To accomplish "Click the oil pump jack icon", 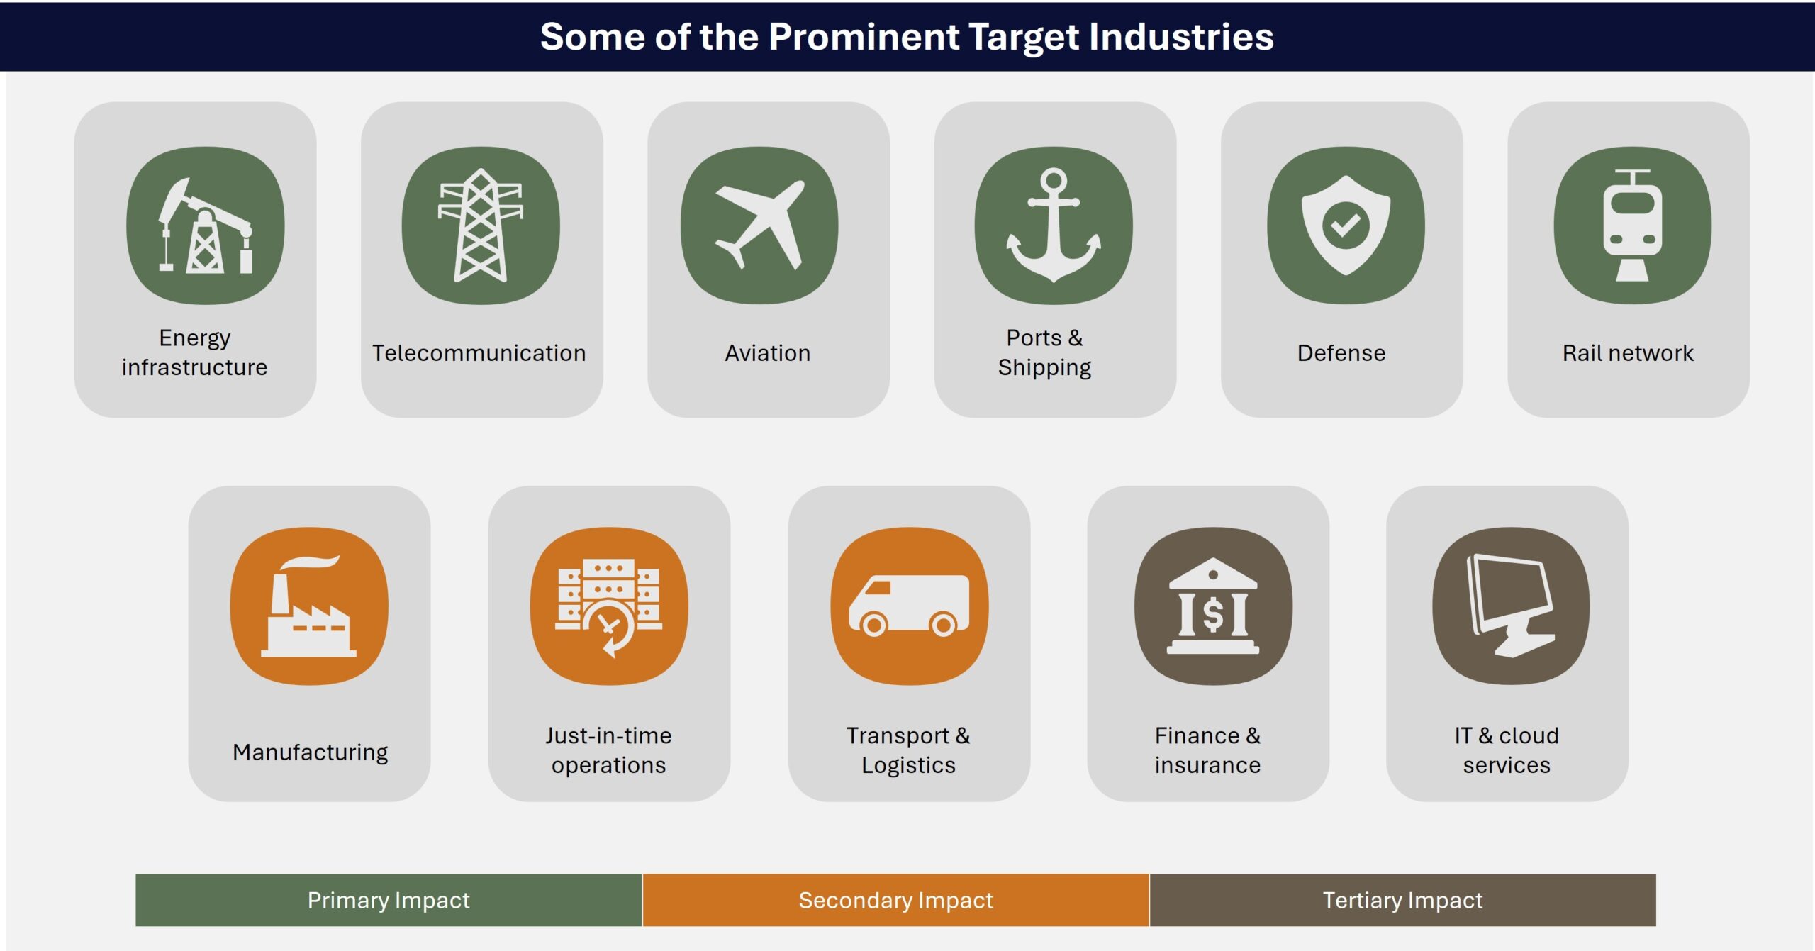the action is pos(206,226).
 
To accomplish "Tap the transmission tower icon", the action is pos(481,226).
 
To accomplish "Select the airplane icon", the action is pos(760,225).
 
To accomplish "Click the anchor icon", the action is pos(1054,226).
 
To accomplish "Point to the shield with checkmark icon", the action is pos(1346,225).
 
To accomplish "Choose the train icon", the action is pos(1632,226).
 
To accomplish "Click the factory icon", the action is pos(309,606).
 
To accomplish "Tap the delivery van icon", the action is pos(909,605).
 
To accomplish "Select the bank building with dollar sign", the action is pos(1213,606).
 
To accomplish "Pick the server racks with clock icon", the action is pos(609,607).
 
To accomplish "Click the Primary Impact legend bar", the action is pos(389,900).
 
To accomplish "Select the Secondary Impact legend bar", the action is pos(895,900).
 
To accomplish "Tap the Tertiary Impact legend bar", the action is pos(1402,900).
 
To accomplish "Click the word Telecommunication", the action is pos(479,352).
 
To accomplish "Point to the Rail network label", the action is pos(1628,352).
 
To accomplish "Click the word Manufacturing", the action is pos(310,752).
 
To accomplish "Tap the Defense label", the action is pos(1341,352).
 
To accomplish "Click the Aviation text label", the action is pos(767,352).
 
